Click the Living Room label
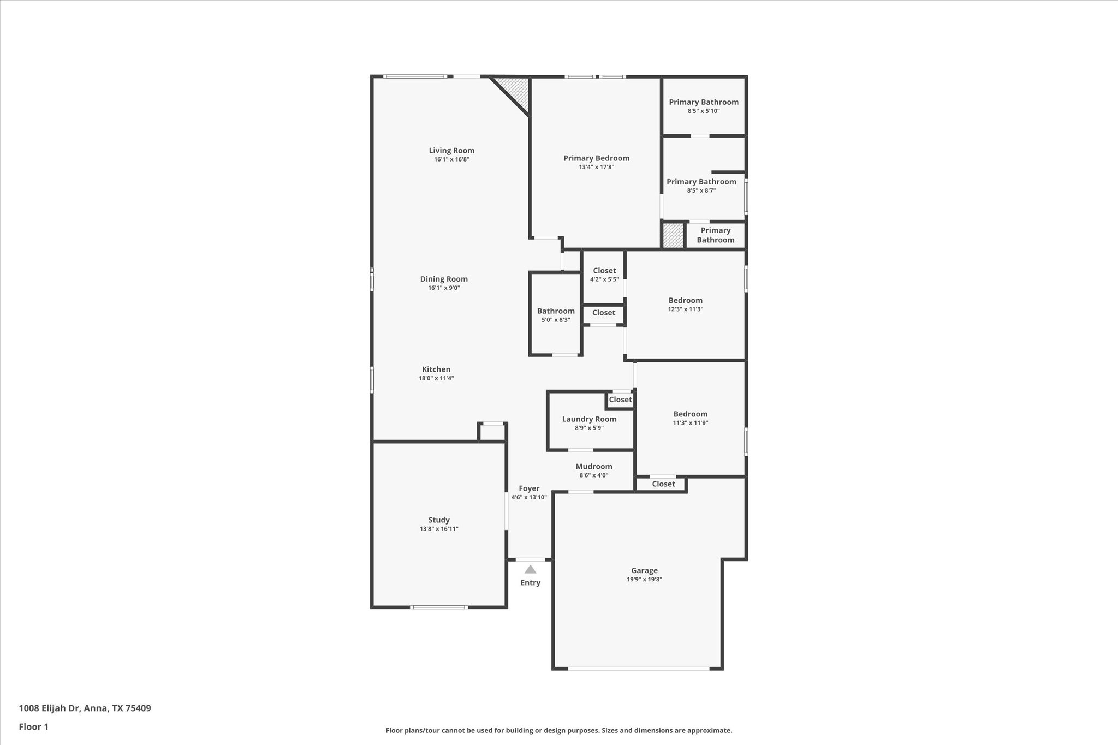pyautogui.click(x=451, y=151)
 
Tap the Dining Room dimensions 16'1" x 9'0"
pyautogui.click(x=444, y=288)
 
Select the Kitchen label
pyautogui.click(x=436, y=369)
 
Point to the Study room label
pyautogui.click(x=438, y=520)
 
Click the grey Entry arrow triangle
pyautogui.click(x=530, y=569)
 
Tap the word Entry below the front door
pyautogui.click(x=530, y=583)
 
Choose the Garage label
pyautogui.click(x=644, y=570)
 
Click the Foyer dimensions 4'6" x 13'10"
pyautogui.click(x=528, y=497)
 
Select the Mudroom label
pyautogui.click(x=593, y=467)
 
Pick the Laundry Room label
pyautogui.click(x=589, y=419)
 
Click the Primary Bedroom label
pyautogui.click(x=596, y=158)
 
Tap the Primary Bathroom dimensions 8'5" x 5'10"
pyautogui.click(x=703, y=111)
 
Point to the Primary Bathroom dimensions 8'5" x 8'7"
pyautogui.click(x=701, y=190)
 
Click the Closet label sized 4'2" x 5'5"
pyautogui.click(x=604, y=271)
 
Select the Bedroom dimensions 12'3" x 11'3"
pyautogui.click(x=685, y=309)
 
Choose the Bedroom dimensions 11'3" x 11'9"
pyautogui.click(x=690, y=422)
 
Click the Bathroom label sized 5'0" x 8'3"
pyautogui.click(x=555, y=311)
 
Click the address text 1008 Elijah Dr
pyautogui.click(x=50, y=708)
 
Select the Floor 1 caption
pyautogui.click(x=33, y=727)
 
